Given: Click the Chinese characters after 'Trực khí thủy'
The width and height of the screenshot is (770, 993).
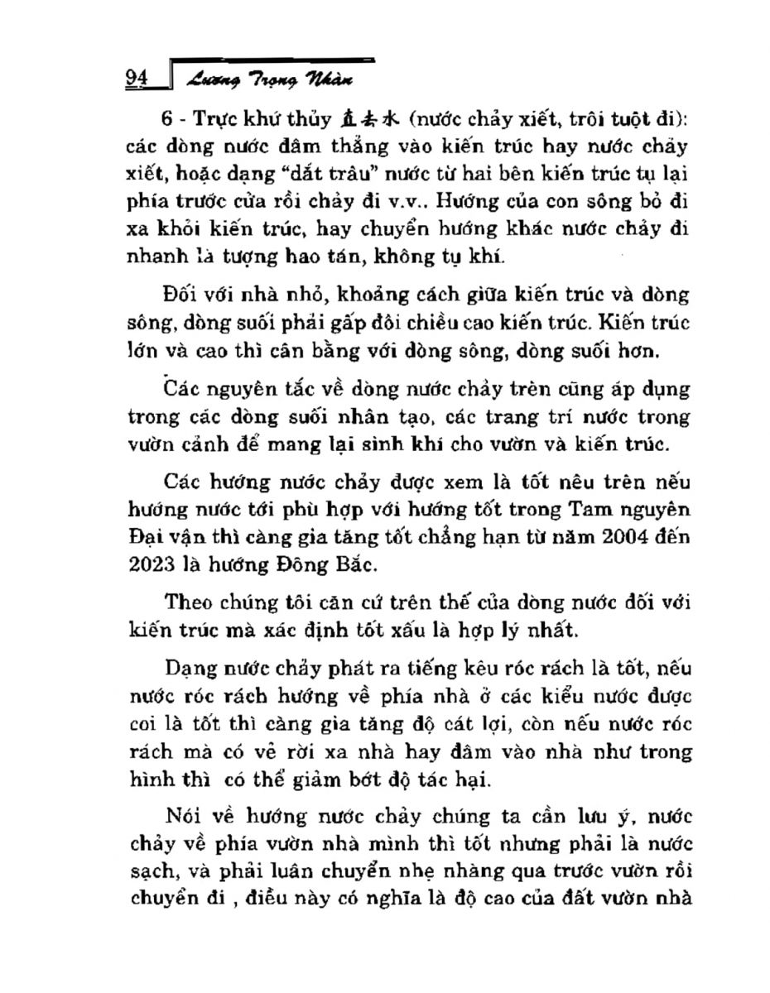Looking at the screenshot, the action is (x=375, y=121).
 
